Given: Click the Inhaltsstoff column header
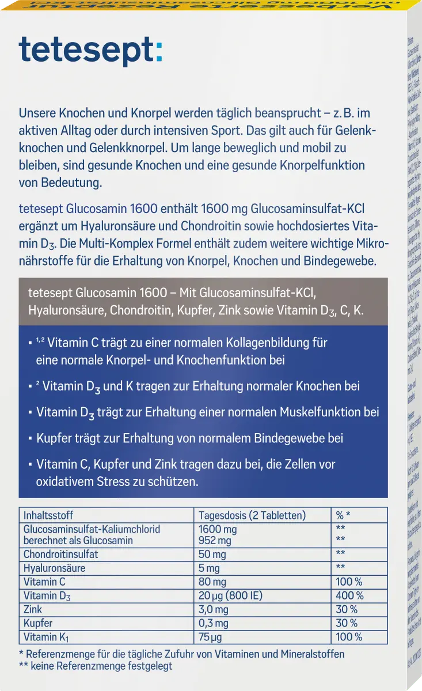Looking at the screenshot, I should tap(48, 515).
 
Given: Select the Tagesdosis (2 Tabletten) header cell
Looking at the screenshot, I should tap(252, 515).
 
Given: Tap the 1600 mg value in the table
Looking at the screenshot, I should tap(217, 529).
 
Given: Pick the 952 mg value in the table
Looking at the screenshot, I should tap(215, 541).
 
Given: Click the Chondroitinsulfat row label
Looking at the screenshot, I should tap(61, 555).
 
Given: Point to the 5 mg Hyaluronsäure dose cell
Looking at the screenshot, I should tap(209, 568).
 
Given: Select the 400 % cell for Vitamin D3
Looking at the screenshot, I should tap(349, 596).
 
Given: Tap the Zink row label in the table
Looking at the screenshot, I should tap(33, 610).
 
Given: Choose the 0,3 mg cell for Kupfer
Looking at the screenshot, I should tap(213, 624).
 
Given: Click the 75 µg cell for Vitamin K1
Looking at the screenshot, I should tap(210, 637).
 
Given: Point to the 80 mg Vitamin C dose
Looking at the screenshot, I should tap(212, 582).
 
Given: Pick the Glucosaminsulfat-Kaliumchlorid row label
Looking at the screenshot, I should tap(92, 529).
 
